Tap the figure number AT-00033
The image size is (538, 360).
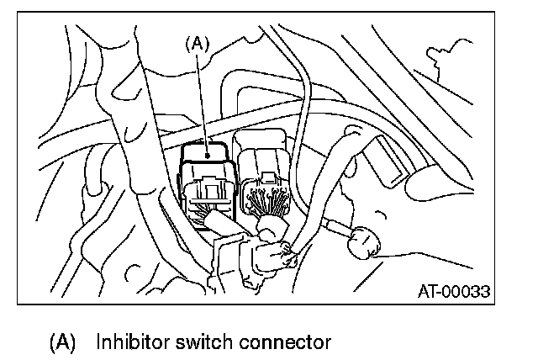pos(453,292)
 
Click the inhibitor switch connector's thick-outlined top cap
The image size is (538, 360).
pos(204,152)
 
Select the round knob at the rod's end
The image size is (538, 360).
pos(362,245)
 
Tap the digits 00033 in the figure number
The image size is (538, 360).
pos(467,292)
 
